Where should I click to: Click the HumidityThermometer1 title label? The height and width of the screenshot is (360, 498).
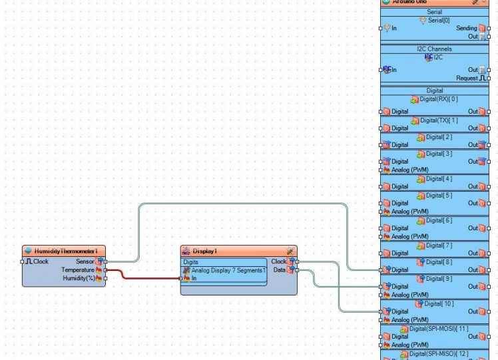(x=66, y=252)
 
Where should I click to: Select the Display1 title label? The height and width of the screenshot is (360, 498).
(x=205, y=252)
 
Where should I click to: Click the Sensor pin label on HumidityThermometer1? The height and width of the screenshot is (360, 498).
(x=85, y=262)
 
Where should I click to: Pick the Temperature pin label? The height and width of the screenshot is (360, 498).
(x=78, y=270)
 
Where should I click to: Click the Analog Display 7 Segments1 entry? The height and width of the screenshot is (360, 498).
(x=228, y=270)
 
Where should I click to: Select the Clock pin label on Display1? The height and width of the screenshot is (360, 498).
(x=278, y=262)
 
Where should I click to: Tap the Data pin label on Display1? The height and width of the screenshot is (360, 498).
(x=280, y=270)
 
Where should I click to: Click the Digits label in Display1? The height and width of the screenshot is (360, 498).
(x=190, y=262)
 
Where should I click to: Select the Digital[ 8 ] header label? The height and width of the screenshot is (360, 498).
(x=439, y=262)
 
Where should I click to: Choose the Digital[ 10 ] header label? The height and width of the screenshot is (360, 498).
(x=439, y=303)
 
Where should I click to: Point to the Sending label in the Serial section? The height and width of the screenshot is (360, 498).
(x=466, y=28)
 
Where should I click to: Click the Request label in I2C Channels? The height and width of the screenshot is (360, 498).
(x=467, y=78)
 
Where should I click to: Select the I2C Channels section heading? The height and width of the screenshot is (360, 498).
(x=434, y=49)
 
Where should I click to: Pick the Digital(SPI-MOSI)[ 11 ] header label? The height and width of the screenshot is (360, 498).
(x=439, y=329)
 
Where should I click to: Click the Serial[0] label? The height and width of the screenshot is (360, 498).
(x=438, y=20)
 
